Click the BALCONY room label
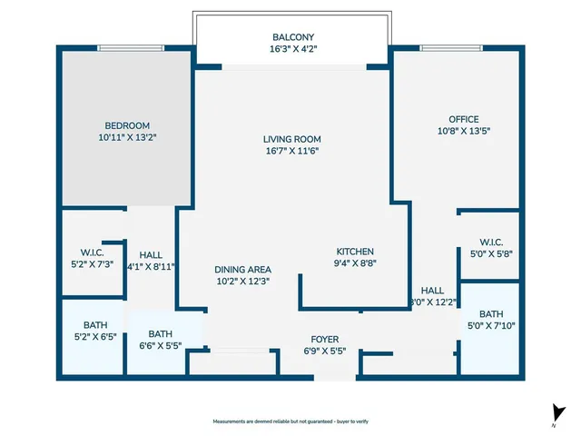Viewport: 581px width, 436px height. click(291, 37)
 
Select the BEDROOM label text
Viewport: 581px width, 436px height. click(127, 125)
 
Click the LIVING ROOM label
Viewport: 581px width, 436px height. click(291, 139)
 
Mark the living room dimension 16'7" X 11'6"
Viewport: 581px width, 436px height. click(291, 151)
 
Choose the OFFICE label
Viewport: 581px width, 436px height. click(463, 119)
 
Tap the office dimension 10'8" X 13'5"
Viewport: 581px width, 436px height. click(463, 131)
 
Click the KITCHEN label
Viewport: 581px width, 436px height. click(355, 252)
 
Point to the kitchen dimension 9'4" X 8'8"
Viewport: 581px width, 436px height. click(355, 263)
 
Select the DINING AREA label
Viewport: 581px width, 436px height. click(242, 270)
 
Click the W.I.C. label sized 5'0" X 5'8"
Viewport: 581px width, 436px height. click(490, 243)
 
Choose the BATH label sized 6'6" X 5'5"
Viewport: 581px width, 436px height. click(160, 333)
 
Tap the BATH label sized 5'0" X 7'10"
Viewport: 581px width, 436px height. click(490, 313)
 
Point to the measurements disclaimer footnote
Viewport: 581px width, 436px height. click(290, 421)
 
